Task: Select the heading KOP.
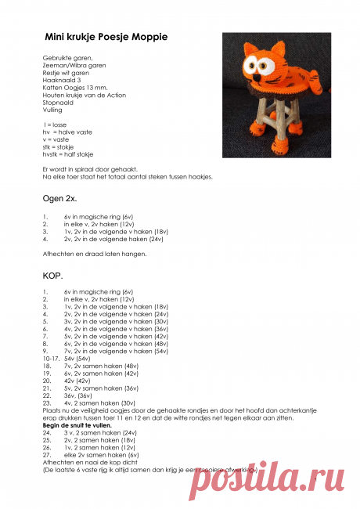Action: (51, 276)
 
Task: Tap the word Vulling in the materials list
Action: (52, 110)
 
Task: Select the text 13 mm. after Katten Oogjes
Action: (98, 88)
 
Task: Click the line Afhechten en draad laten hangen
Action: (94, 254)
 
